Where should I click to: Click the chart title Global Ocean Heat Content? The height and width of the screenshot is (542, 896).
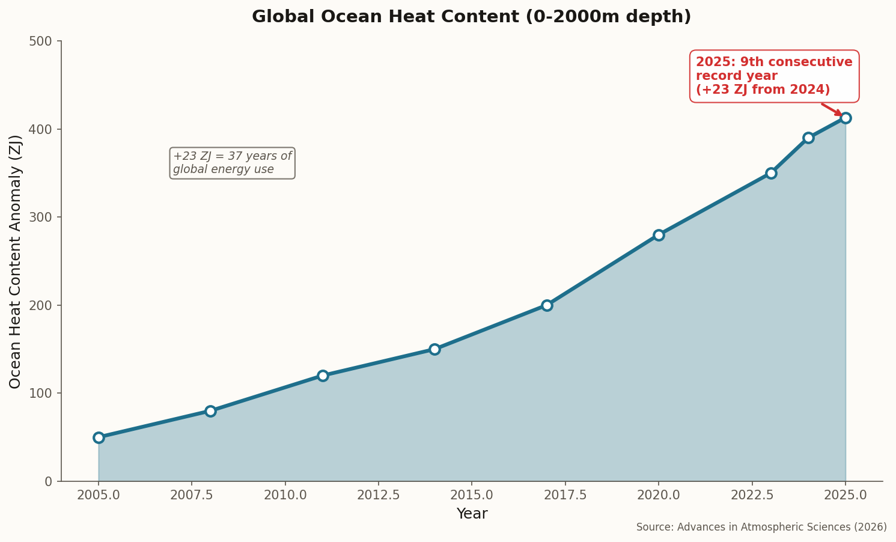[x=471, y=17]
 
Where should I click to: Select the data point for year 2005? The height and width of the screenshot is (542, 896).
[x=99, y=437]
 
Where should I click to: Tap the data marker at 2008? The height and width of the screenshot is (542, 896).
[x=210, y=411]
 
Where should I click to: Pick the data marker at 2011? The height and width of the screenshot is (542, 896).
[x=323, y=376]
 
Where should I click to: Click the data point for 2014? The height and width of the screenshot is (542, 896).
[x=434, y=349]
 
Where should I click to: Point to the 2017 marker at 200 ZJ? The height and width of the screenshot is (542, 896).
[x=547, y=305]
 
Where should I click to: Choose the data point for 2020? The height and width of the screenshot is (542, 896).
[x=659, y=235]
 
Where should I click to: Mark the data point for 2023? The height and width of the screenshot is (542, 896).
[x=771, y=173]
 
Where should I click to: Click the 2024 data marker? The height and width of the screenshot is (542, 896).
[x=808, y=138]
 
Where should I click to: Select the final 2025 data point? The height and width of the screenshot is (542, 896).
[x=846, y=118]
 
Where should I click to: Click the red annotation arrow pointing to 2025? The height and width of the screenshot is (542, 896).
[x=832, y=109]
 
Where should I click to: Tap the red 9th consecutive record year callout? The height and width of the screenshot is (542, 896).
[x=774, y=76]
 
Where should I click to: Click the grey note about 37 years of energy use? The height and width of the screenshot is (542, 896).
[x=233, y=163]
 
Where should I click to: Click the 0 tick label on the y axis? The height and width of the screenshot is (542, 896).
[x=49, y=481]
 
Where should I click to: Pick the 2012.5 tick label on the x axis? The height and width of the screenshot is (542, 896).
[x=378, y=496]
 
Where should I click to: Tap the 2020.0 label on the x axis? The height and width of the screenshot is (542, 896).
[x=658, y=496]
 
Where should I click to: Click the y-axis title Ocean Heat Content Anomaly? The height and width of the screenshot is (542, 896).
[x=16, y=261]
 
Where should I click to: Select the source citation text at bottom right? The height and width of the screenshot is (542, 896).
[x=761, y=527]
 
